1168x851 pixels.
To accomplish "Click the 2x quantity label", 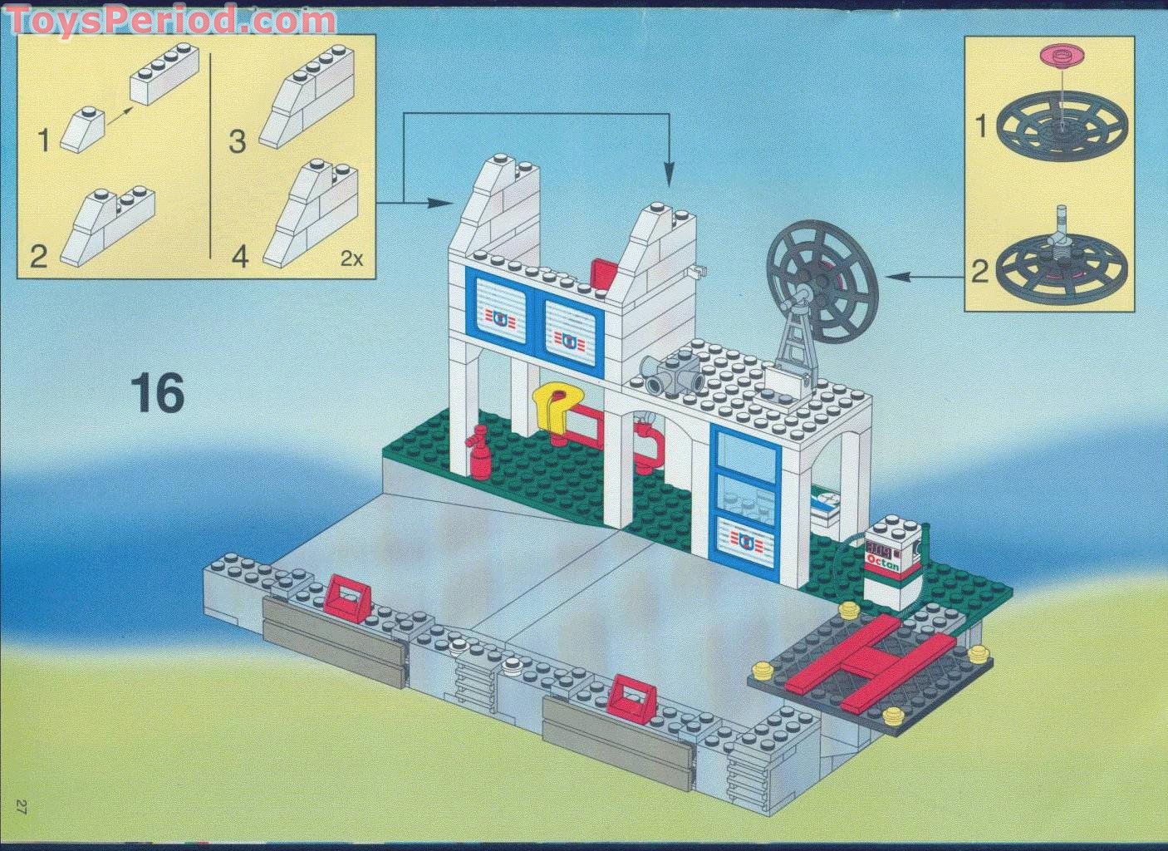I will point(352,258).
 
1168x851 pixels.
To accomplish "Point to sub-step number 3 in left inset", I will point(238,142).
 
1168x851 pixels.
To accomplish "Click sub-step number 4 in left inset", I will point(239,255).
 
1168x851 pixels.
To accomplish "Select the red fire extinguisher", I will point(478,452).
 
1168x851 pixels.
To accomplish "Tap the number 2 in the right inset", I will point(981,271).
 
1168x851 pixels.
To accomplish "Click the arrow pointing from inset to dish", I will point(922,277).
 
